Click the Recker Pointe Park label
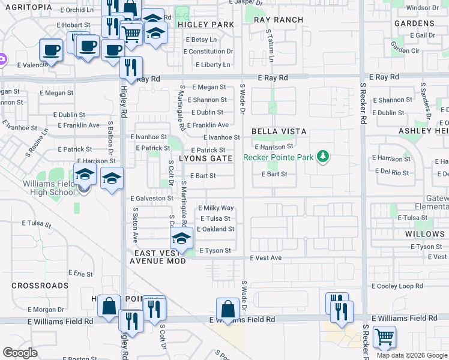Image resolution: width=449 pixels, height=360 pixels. coord(279,157)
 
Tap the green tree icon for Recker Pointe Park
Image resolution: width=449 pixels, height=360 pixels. coord(324,157)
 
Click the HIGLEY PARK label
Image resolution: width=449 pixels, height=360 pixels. coord(206,25)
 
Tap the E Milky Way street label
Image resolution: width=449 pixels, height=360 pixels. coord(215,208)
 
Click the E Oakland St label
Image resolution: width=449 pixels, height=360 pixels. coord(215,229)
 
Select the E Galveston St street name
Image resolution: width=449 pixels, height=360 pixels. coord(151,198)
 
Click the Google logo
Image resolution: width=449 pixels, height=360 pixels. coord(20,353)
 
